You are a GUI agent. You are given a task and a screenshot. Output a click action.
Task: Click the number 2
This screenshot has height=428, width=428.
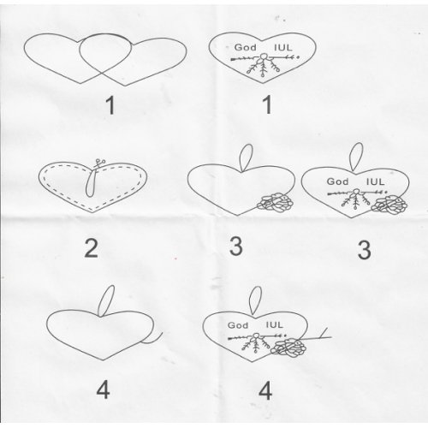[x=92, y=248]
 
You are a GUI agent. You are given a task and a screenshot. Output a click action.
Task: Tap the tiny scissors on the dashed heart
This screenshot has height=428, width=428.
[x=99, y=164]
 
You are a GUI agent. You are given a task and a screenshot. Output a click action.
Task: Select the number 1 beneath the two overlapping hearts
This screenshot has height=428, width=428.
[x=110, y=105]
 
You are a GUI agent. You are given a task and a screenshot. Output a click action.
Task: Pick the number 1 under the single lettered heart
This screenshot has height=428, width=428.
[x=267, y=104]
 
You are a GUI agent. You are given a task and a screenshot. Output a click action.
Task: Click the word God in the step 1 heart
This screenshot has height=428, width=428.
[x=245, y=47]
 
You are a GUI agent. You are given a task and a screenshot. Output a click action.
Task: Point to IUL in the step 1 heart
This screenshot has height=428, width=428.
[x=283, y=47]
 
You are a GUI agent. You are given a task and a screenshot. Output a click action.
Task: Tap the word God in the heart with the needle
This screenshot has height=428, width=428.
[x=238, y=325]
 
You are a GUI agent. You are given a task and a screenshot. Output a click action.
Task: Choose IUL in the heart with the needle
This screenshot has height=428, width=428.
[x=274, y=324]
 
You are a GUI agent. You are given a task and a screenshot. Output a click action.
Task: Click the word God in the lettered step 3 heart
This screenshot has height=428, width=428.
[x=337, y=181]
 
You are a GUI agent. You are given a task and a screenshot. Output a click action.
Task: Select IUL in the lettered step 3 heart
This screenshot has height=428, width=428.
[x=375, y=181]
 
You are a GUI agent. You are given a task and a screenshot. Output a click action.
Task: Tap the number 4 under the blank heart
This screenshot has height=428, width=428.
[x=103, y=391]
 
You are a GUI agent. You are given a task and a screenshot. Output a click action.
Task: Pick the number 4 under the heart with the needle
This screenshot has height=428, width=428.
[x=265, y=391]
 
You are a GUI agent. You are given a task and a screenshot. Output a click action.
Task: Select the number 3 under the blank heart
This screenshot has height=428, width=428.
[x=236, y=247]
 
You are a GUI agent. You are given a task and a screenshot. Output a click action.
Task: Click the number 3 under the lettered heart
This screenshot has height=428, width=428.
[x=365, y=250]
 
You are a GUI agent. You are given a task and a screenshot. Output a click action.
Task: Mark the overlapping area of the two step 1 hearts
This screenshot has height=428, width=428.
[x=104, y=54]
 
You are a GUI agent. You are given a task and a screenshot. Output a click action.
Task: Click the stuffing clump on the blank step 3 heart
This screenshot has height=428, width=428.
[x=276, y=202]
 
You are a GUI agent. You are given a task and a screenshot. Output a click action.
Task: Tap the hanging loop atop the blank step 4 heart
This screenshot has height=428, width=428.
[x=106, y=300]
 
